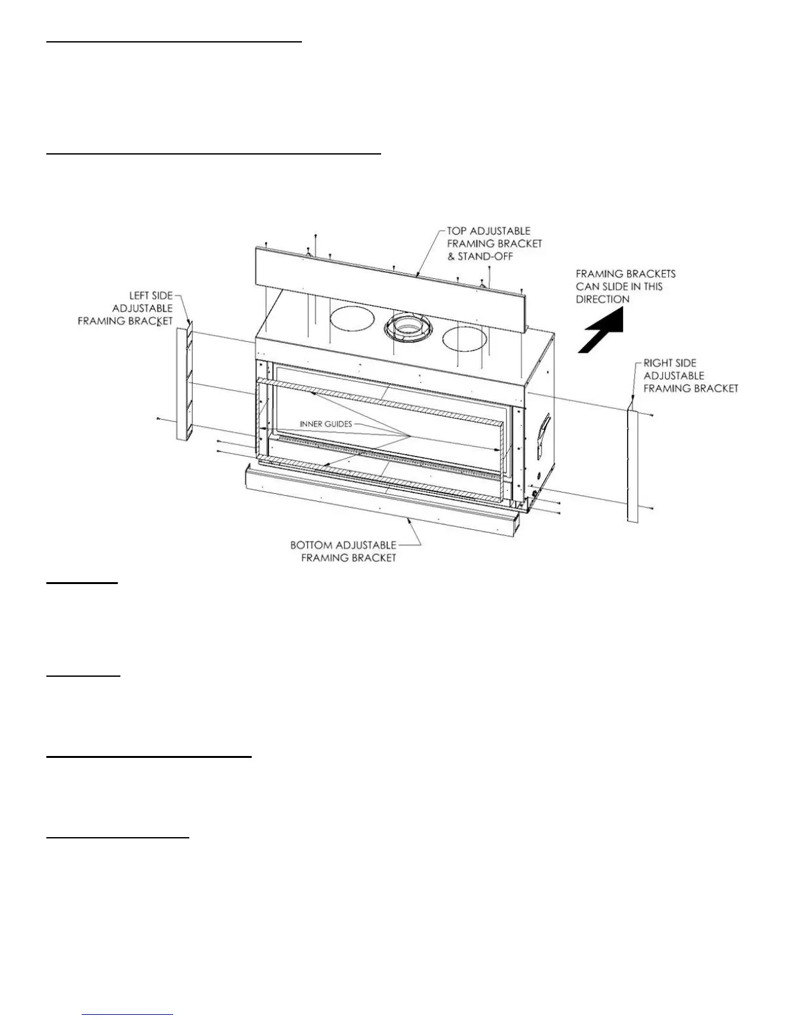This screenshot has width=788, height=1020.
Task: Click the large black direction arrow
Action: click(602, 330)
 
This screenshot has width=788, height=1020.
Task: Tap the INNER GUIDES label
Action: click(326, 424)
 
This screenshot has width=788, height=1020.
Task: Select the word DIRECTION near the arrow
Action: click(603, 299)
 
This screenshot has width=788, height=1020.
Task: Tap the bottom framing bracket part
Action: click(380, 502)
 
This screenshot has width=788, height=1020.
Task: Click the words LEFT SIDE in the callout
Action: click(151, 296)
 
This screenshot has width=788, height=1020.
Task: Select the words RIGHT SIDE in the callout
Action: click(670, 363)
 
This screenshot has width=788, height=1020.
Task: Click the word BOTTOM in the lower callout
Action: click(312, 545)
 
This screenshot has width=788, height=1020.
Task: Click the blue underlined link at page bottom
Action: click(127, 1014)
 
